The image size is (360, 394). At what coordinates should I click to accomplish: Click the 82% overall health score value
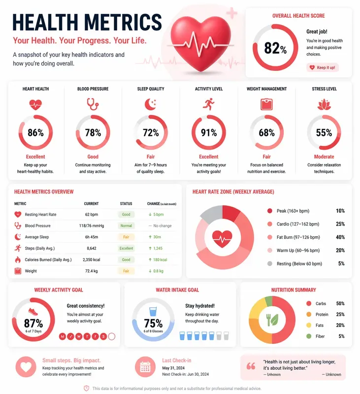pyautogui.click(x=275, y=48)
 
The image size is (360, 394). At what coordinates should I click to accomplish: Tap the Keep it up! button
pyautogui.click(x=323, y=67)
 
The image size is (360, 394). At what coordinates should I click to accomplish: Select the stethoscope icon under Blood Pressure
pyautogui.click(x=93, y=104)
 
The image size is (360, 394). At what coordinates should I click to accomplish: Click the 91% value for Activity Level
pyautogui.click(x=208, y=133)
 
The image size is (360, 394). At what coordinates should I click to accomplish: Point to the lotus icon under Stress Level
pyautogui.click(x=324, y=104)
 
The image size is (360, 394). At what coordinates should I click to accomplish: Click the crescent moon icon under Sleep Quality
pyautogui.click(x=151, y=104)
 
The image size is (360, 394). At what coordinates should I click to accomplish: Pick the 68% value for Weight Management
pyautogui.click(x=266, y=133)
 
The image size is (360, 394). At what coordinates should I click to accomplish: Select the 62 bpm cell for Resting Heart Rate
pyautogui.click(x=91, y=215)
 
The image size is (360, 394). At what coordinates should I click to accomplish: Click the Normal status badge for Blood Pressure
pyautogui.click(x=126, y=226)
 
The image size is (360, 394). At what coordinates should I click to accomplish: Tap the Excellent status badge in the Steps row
pyautogui.click(x=126, y=248)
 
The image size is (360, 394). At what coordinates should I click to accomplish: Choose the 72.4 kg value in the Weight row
pyautogui.click(x=91, y=271)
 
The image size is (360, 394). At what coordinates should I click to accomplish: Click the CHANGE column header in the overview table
pyautogui.click(x=153, y=203)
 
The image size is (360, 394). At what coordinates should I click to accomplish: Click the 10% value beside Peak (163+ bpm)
pyautogui.click(x=340, y=211)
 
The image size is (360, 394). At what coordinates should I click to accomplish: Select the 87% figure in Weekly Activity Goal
pyautogui.click(x=33, y=324)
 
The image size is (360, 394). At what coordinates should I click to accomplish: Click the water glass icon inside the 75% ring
pyautogui.click(x=153, y=312)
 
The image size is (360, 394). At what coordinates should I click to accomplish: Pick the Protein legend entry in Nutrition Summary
pyautogui.click(x=322, y=315)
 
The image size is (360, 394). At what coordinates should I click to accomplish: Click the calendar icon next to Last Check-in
pyautogui.click(x=145, y=367)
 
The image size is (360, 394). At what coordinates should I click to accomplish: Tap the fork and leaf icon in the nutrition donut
pyautogui.click(x=272, y=320)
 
